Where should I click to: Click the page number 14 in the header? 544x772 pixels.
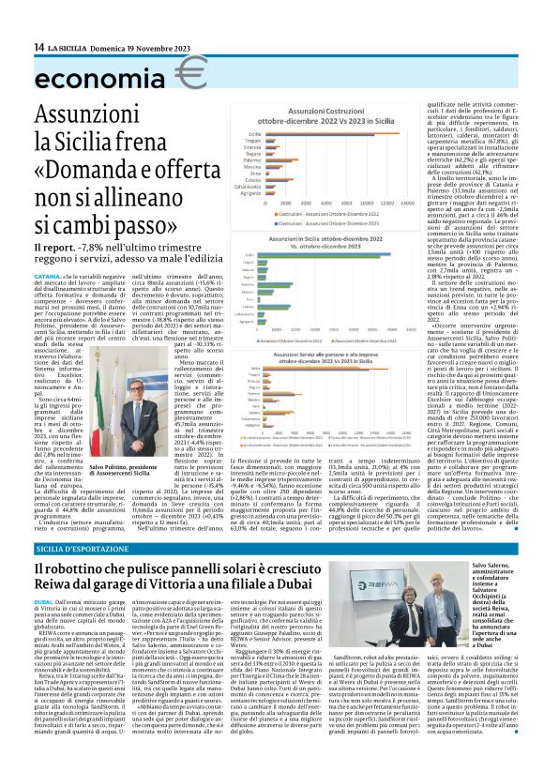[39, 47]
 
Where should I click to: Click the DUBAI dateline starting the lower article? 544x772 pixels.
[44, 600]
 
